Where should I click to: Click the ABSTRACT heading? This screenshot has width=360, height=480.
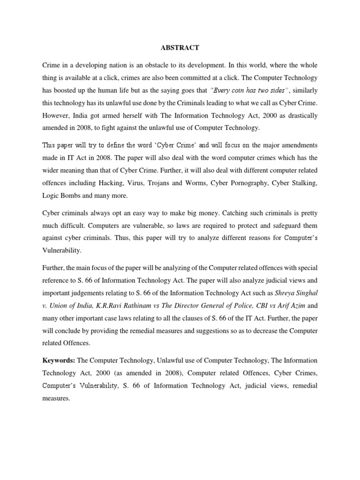[180, 47]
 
